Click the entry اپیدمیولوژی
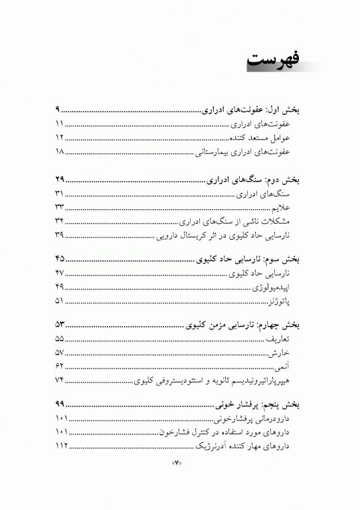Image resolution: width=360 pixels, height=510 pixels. point(281,288)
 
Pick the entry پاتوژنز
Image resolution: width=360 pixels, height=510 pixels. point(290,301)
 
